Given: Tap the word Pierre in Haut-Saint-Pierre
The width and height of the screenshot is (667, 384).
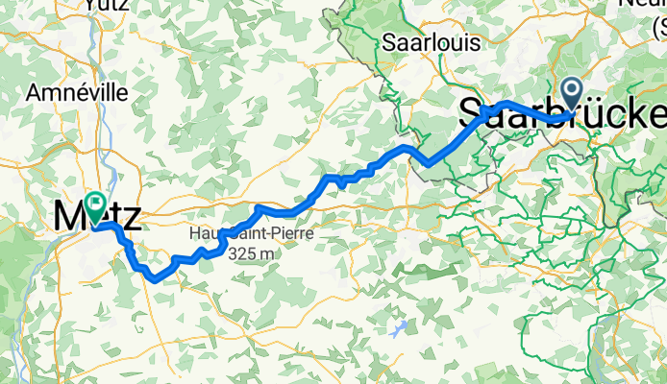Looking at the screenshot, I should click(x=290, y=234).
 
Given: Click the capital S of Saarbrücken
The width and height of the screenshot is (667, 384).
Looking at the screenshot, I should click(x=472, y=114).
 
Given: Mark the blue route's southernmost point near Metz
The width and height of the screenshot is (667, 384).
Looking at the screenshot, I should click(x=154, y=278).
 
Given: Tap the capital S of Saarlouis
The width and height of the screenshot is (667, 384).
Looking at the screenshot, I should click(x=389, y=42).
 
